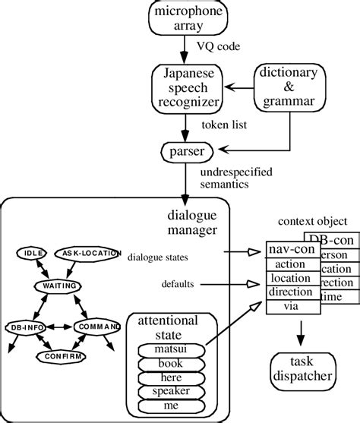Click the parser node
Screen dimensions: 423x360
183,152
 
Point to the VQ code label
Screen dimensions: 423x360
219,46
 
